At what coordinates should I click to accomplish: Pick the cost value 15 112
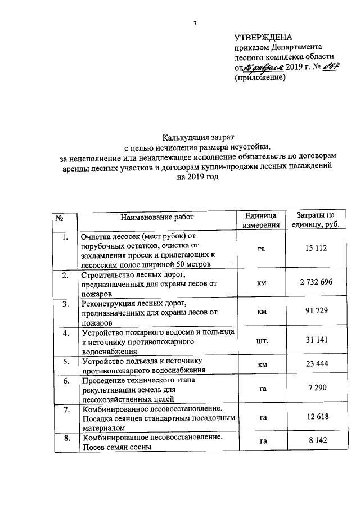pyautogui.click(x=315, y=249)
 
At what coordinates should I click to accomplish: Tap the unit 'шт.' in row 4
pyautogui.click(x=262, y=340)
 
